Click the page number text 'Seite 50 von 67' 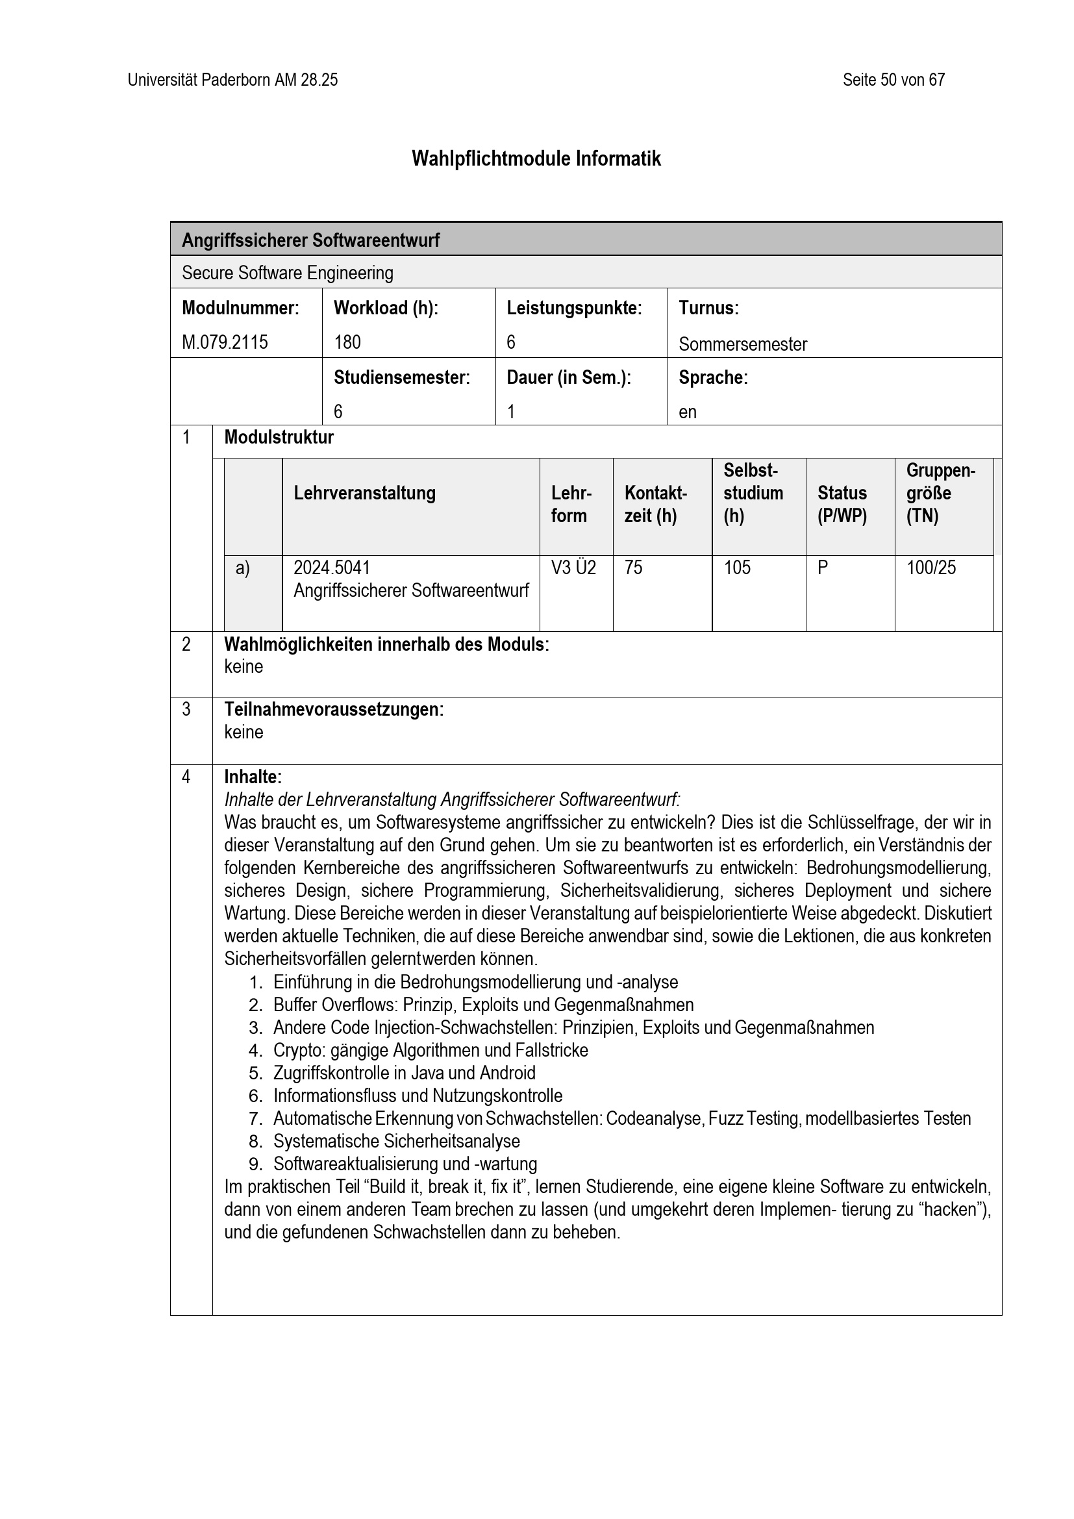(893, 80)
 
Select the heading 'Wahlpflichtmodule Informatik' (536, 158)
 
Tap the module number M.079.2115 (225, 342)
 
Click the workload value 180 (347, 342)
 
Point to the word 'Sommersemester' (742, 344)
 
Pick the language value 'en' (687, 412)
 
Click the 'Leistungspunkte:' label (574, 308)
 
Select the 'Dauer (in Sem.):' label (568, 377)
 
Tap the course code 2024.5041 (331, 568)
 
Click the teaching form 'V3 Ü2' (573, 568)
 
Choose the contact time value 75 (633, 568)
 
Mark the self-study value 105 (737, 568)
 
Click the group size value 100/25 (930, 568)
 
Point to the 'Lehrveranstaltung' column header (364, 493)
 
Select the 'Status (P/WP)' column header (842, 504)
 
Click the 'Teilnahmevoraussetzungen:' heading (334, 709)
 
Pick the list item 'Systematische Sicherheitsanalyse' (396, 1140)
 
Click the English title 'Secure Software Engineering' (287, 273)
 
